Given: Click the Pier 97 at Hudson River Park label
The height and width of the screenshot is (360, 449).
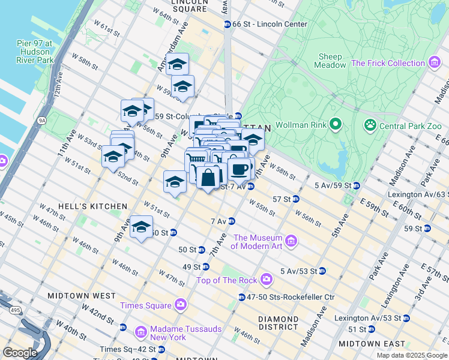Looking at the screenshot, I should pyautogui.click(x=35, y=52).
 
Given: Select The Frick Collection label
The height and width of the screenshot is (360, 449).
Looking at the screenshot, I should pyautogui.click(x=388, y=63).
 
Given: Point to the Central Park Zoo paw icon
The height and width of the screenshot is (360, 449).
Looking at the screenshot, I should pyautogui.click(x=370, y=125).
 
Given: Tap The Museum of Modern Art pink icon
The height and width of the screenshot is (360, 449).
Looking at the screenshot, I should pyautogui.click(x=291, y=241).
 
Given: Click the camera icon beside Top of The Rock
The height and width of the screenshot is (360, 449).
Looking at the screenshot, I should pyautogui.click(x=267, y=280).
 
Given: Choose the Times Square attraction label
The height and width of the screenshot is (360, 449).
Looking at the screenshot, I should pyautogui.click(x=146, y=305).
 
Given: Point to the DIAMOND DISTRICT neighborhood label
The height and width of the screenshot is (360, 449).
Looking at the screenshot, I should pyautogui.click(x=278, y=323).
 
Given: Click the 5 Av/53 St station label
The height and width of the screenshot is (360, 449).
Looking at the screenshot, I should pyautogui.click(x=298, y=271).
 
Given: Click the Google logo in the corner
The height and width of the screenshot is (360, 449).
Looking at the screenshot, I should pyautogui.click(x=19, y=352).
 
